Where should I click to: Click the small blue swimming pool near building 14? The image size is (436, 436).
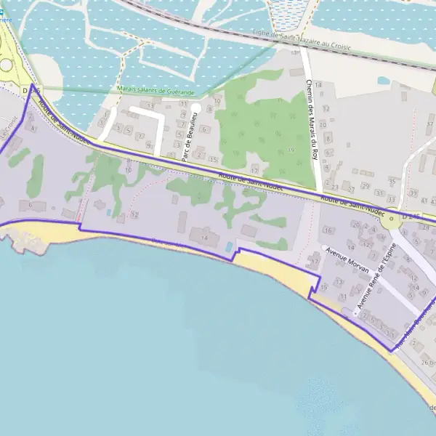click(x=229, y=247)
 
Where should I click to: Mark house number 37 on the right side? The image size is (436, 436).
click(x=429, y=124)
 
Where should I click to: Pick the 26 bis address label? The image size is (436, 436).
click(x=427, y=362)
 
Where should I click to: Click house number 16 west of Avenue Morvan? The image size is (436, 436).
click(x=328, y=230)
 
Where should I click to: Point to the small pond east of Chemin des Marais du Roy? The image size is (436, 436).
click(x=383, y=81)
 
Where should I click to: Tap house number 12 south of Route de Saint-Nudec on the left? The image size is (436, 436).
click(x=134, y=215)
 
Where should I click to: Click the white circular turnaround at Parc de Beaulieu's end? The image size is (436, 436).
click(x=195, y=108)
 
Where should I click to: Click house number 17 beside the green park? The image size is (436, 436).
click(x=254, y=170)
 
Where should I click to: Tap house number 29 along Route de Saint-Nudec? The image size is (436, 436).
click(x=366, y=186)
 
